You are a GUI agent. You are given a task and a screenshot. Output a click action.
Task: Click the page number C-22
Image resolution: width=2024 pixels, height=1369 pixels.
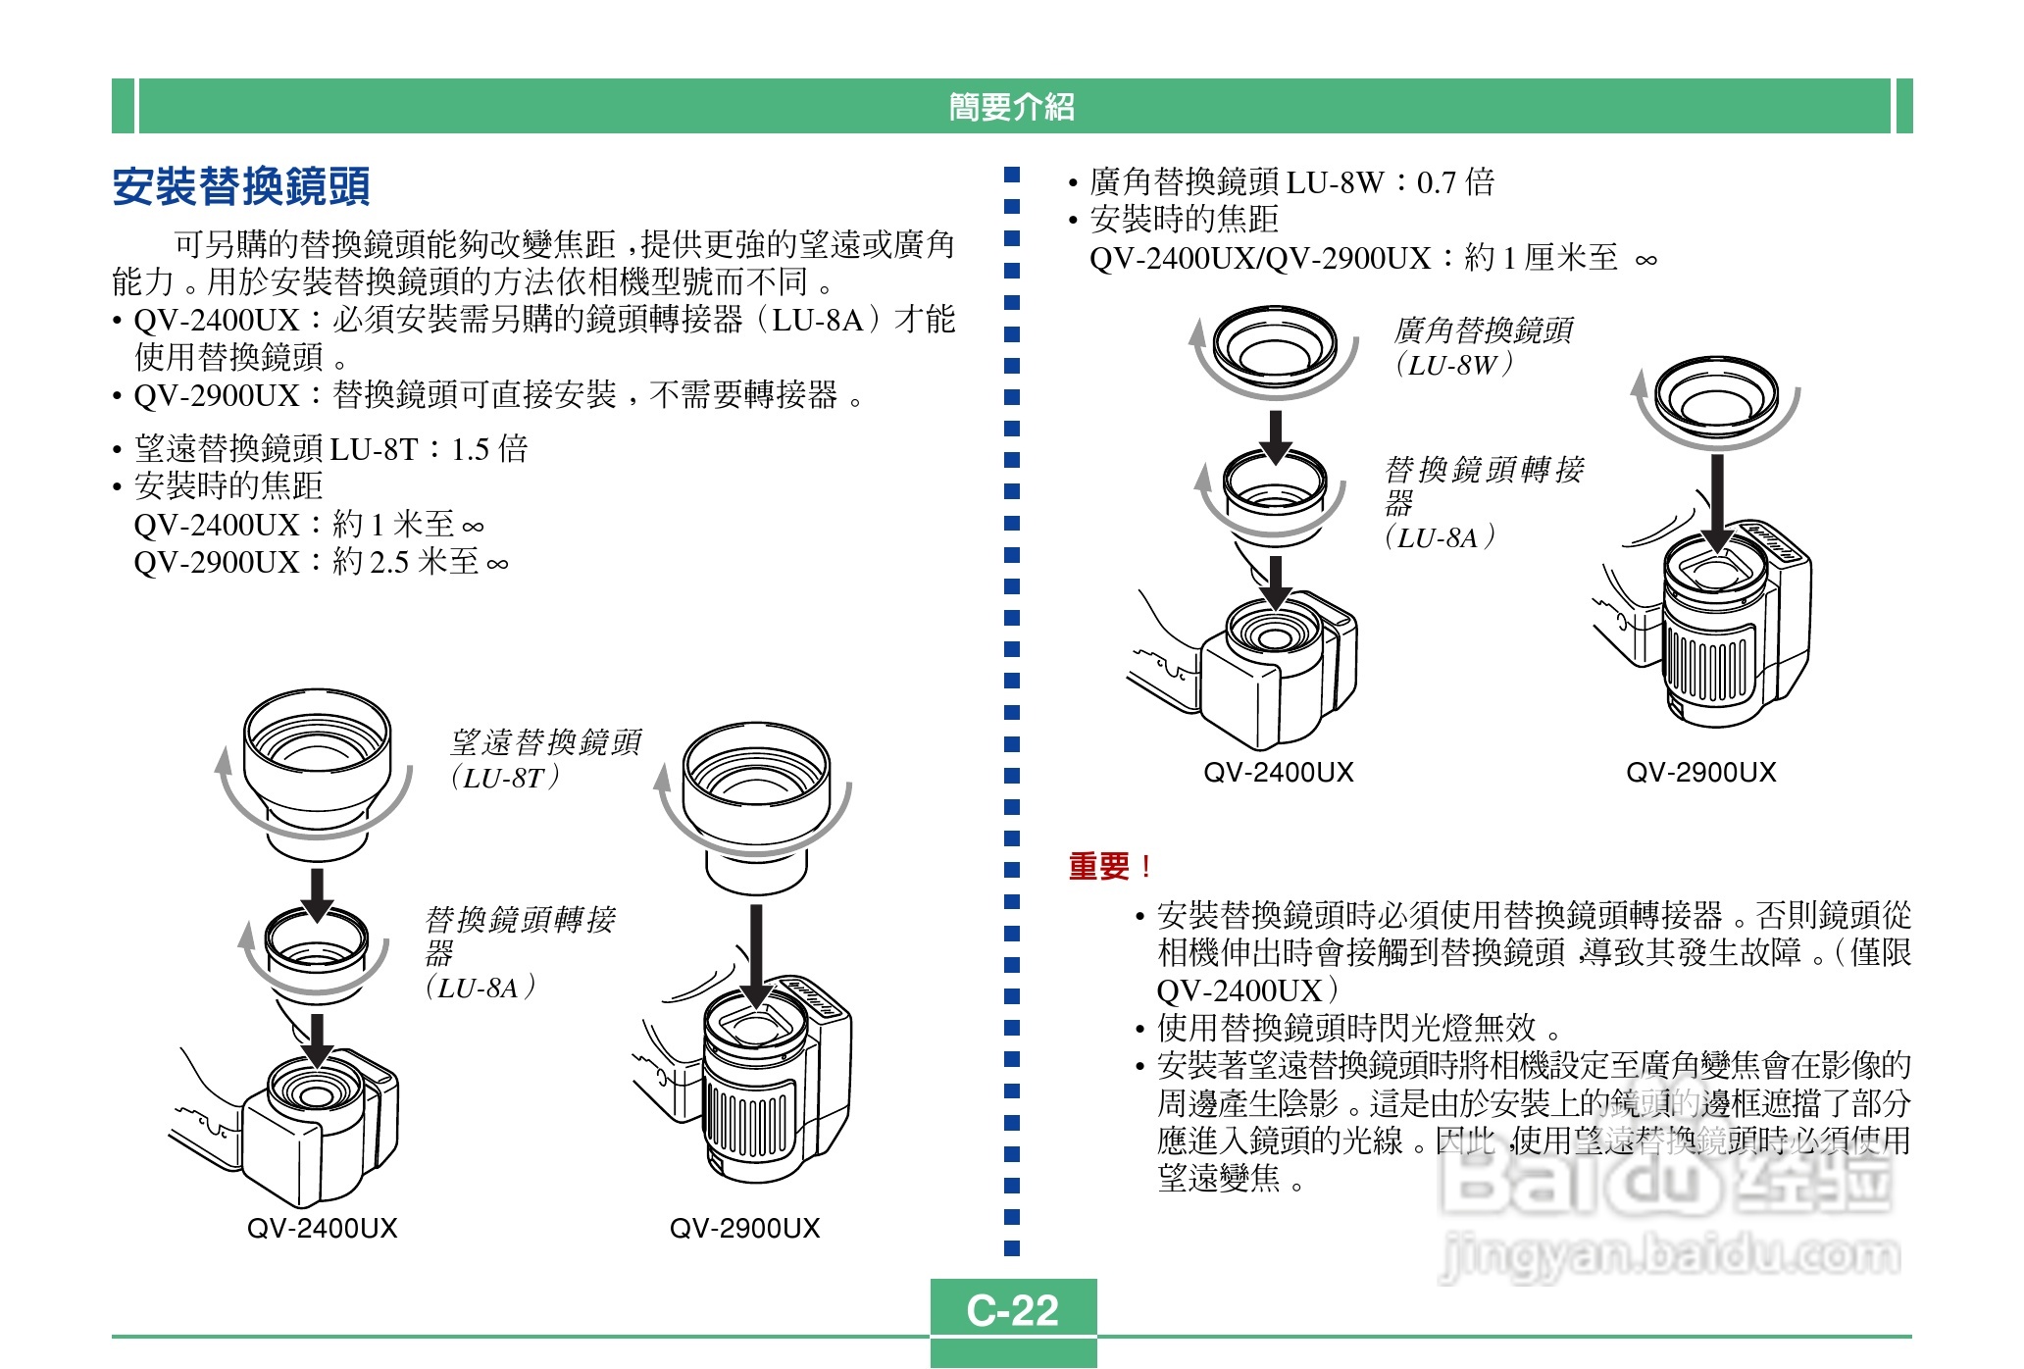[x=1012, y=1310]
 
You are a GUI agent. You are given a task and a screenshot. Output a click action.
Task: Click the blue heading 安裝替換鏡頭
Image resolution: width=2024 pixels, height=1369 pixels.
[x=241, y=186]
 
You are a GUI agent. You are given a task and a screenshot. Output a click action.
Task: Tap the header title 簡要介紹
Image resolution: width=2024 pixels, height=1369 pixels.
[x=1011, y=106]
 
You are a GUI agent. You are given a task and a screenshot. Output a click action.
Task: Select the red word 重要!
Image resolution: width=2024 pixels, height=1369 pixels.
[x=1109, y=866]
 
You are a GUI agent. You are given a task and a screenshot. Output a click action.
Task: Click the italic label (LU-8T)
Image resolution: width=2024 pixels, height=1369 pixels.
[x=505, y=778]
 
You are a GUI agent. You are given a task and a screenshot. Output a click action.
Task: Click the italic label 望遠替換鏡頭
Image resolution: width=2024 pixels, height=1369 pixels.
[x=545, y=742]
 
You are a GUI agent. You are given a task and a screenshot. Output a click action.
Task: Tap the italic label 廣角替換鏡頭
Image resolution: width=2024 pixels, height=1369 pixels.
[x=1484, y=330]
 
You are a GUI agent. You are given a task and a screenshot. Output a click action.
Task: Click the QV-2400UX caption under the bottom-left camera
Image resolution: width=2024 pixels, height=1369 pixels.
[x=322, y=1228]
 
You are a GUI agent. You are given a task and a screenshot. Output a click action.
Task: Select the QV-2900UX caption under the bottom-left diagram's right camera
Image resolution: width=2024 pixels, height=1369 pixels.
[x=744, y=1228]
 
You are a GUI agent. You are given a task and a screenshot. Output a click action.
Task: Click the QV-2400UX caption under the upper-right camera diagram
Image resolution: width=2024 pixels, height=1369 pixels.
[x=1278, y=773]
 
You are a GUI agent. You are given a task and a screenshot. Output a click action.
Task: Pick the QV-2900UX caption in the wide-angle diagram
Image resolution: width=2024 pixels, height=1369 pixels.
[x=1700, y=773]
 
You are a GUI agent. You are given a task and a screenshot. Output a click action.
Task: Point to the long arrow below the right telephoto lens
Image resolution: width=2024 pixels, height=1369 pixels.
[x=756, y=956]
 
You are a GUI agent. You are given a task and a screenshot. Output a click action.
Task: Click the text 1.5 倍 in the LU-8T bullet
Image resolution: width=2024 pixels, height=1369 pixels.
[x=489, y=449]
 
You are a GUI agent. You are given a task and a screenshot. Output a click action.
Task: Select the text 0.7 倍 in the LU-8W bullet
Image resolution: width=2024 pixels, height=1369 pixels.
[x=1455, y=182]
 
